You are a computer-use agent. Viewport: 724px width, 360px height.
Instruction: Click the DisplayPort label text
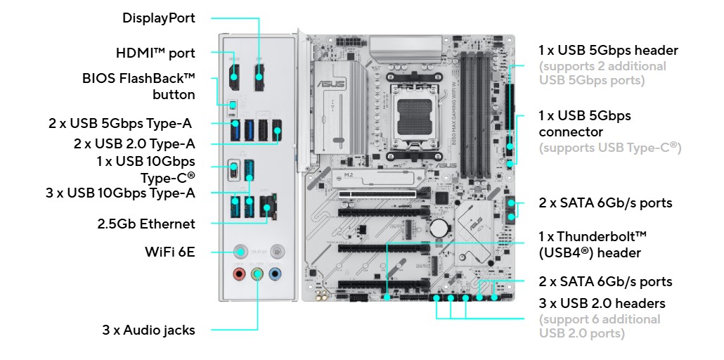pyautogui.click(x=158, y=18)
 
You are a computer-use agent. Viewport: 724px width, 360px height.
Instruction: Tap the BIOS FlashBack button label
pyautogui.click(x=138, y=86)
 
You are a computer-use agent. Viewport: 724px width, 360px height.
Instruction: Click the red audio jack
pyautogui.click(x=239, y=274)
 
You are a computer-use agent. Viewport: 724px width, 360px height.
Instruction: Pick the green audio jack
pyautogui.click(x=257, y=274)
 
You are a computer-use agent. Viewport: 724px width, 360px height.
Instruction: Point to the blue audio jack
pyautogui.click(x=276, y=274)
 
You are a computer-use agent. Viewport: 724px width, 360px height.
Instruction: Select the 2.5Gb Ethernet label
pyautogui.click(x=146, y=224)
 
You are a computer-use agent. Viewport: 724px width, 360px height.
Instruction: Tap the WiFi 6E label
pyautogui.click(x=170, y=252)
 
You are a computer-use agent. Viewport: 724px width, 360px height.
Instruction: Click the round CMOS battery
pyautogui.click(x=439, y=227)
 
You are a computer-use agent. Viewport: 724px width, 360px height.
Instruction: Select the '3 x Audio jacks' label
pyautogui.click(x=149, y=330)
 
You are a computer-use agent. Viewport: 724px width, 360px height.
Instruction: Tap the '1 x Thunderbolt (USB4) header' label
pyautogui.click(x=593, y=245)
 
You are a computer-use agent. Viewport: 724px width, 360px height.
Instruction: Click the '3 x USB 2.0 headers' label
pyautogui.click(x=602, y=304)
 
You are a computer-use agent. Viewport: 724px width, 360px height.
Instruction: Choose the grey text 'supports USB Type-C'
pyautogui.click(x=610, y=148)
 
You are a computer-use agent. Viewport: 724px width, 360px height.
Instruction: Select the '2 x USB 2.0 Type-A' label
pyautogui.click(x=134, y=143)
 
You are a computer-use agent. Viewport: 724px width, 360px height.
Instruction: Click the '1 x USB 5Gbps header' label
pyautogui.click(x=608, y=50)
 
